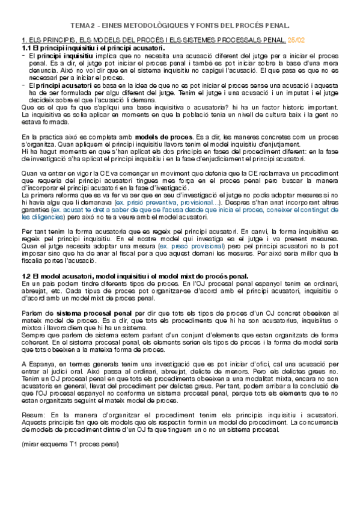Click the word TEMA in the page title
(81, 26)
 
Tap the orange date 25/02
(297, 40)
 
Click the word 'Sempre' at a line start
(32, 334)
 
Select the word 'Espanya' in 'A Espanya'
(40, 364)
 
